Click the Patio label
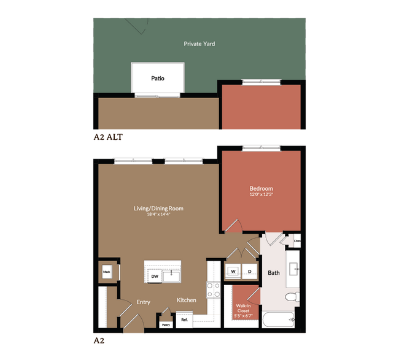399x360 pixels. coord(158,79)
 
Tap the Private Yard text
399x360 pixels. coord(199,44)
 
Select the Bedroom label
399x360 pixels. coord(261,188)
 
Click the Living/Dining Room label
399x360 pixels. coord(158,209)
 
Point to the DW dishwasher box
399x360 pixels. coord(155,277)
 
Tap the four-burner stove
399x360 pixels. coord(214,289)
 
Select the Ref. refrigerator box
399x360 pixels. coord(184,319)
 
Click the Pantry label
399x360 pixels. coord(166,325)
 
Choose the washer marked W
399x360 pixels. coord(233,271)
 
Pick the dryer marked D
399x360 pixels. coord(250,271)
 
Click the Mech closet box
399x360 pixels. coord(107,272)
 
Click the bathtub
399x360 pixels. coord(278,320)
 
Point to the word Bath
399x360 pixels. coord(273,273)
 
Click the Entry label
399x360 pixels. coord(143,302)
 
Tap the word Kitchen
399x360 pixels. coord(187,300)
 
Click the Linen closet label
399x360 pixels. coord(297,241)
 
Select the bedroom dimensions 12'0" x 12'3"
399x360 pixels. coord(261,194)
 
